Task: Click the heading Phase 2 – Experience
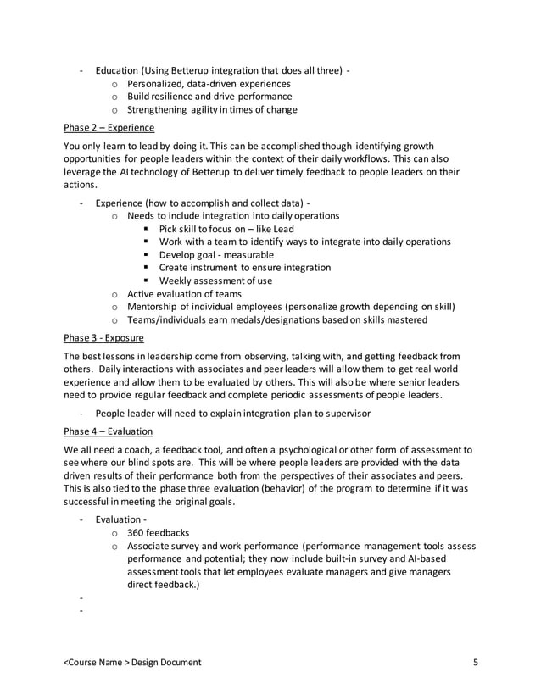point(109,128)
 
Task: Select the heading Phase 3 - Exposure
point(108,336)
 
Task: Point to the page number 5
point(476,662)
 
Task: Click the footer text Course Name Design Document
point(132,662)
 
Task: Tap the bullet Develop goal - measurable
point(216,254)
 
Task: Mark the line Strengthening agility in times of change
point(212,109)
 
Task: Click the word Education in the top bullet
point(118,69)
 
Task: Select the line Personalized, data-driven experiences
point(209,84)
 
